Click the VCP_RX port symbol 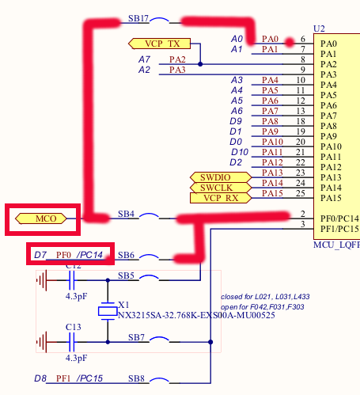(x=220, y=197)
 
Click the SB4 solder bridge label (x=126, y=215)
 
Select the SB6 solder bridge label (x=126, y=255)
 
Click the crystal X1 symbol (x=108, y=311)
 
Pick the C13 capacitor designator (x=73, y=326)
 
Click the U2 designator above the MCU (x=319, y=28)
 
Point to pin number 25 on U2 (x=300, y=192)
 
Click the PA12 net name (x=271, y=162)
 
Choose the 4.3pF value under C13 (x=75, y=357)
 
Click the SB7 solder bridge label (x=135, y=338)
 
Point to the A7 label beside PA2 (x=144, y=59)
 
